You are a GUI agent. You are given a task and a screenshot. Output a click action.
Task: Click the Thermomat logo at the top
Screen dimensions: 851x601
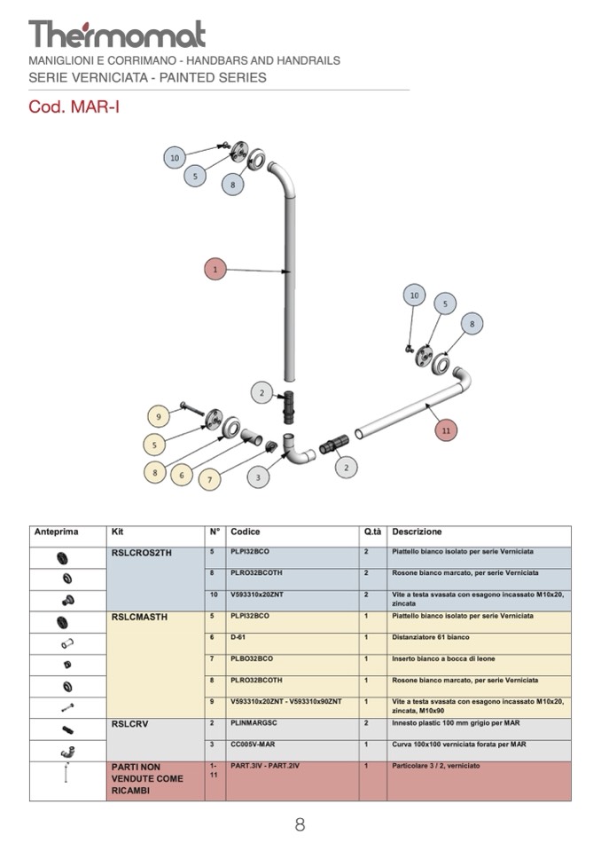click(x=117, y=35)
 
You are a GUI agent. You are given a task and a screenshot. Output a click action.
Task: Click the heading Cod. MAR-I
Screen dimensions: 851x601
click(x=74, y=107)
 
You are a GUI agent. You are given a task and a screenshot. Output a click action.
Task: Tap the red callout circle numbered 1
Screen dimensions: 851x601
click(x=215, y=268)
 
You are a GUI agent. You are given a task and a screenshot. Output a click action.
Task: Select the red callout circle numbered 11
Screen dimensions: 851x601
click(x=446, y=430)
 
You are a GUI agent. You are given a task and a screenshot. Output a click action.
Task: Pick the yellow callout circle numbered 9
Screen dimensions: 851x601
click(x=158, y=416)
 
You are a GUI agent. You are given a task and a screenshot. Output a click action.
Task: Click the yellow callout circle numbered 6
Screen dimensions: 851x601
click(x=182, y=475)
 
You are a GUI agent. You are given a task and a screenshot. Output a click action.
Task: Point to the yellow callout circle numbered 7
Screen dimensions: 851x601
click(x=210, y=480)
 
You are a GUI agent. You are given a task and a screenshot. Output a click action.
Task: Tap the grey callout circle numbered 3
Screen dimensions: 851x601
click(x=257, y=477)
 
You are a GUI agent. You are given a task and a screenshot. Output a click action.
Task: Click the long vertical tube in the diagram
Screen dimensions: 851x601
click(x=288, y=293)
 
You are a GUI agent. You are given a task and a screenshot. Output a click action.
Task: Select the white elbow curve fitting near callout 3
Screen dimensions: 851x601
click(x=295, y=450)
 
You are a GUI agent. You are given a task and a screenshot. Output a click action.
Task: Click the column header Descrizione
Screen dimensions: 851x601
click(x=417, y=532)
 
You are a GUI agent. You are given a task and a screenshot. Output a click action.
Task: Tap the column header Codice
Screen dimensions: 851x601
click(x=246, y=532)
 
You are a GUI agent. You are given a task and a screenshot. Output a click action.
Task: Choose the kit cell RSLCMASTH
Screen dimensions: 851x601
click(x=141, y=617)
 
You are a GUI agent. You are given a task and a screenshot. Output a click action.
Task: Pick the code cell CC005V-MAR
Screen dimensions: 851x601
click(x=253, y=745)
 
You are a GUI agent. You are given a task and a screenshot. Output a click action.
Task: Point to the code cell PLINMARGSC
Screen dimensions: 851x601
click(x=254, y=723)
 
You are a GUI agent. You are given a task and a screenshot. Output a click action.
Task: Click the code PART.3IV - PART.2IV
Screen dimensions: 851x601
click(x=265, y=766)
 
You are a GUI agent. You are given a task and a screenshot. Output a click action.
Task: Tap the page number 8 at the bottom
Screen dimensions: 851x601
click(x=300, y=824)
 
